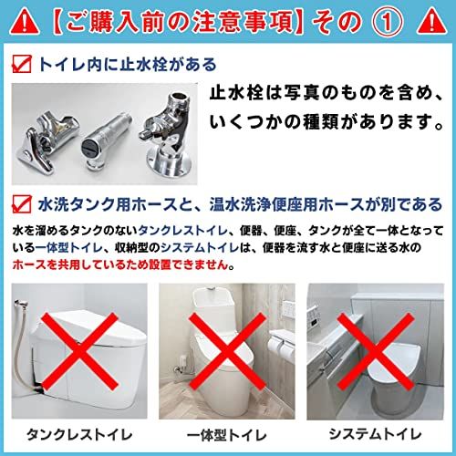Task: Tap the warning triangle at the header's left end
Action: pos(24,19)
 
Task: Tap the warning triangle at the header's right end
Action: pos(433,19)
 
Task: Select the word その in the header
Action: pos(344,19)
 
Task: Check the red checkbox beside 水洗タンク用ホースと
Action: pos(21,202)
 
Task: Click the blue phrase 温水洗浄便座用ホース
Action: pos(300,202)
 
